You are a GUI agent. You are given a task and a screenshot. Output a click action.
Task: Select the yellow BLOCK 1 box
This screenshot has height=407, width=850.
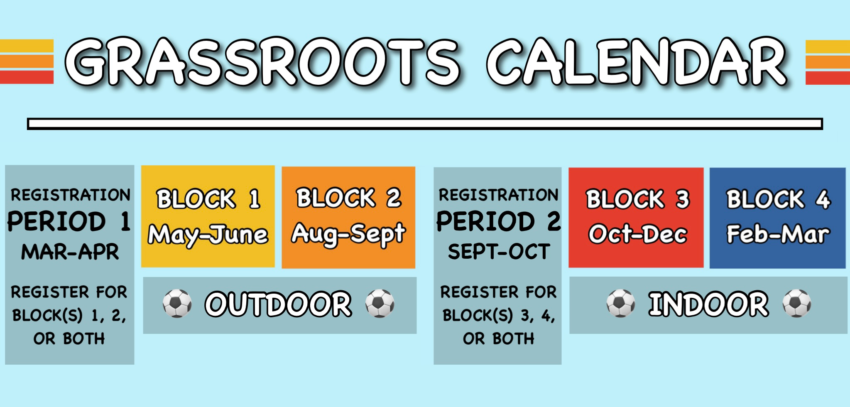tap(208, 216)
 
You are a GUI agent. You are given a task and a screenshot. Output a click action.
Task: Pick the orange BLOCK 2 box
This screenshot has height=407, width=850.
tap(348, 217)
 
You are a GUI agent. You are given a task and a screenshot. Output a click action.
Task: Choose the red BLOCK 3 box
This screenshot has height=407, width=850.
tap(636, 218)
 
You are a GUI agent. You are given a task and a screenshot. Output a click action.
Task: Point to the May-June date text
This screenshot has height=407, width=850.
tap(208, 235)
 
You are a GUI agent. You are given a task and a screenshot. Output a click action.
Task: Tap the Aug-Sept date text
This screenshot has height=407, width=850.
tap(348, 234)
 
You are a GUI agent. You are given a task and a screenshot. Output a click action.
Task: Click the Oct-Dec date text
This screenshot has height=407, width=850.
tap(638, 234)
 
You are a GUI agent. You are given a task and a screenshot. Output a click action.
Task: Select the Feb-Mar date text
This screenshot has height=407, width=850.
tap(778, 234)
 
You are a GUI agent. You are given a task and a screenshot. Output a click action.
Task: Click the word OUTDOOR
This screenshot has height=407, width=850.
tap(278, 304)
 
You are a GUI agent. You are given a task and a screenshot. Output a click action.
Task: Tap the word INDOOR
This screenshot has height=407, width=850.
tap(709, 304)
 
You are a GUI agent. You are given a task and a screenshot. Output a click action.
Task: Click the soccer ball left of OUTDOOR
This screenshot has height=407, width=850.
tap(177, 304)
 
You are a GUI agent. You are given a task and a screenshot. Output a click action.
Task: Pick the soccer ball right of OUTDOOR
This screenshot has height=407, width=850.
tap(380, 304)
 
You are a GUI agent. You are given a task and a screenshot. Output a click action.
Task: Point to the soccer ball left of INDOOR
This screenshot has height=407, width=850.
tap(621, 304)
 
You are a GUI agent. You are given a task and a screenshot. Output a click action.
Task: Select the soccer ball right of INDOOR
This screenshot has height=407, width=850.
tap(797, 304)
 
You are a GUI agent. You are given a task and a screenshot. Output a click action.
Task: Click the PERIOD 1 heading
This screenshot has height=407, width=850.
tap(69, 221)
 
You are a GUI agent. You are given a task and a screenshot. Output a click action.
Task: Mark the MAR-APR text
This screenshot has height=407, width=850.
tap(70, 252)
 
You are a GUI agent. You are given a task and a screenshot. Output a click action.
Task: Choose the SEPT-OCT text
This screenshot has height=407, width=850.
tap(499, 252)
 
